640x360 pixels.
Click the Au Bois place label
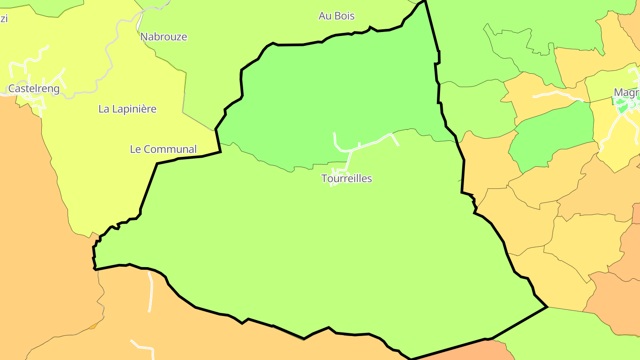(x=336, y=16)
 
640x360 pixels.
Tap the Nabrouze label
(x=164, y=37)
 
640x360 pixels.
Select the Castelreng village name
(x=34, y=89)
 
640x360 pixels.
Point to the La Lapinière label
(x=128, y=109)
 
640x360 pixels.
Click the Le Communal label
(x=163, y=149)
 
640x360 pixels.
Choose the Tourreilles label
(x=347, y=179)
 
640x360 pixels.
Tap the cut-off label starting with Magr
(x=626, y=92)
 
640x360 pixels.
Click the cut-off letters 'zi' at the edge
(x=4, y=19)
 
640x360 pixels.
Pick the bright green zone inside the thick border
(x=338, y=89)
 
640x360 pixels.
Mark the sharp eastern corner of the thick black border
(x=547, y=307)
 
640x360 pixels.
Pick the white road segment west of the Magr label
(x=556, y=94)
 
